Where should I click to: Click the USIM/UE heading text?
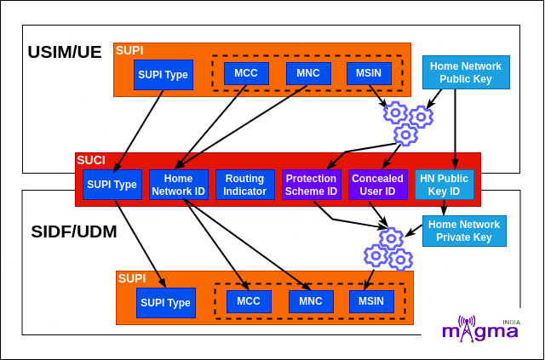[x=65, y=52]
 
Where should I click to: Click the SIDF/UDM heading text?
[x=74, y=231]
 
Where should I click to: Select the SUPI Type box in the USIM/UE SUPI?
[x=163, y=75]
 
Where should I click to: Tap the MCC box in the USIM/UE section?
[x=246, y=73]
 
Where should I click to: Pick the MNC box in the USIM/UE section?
[x=308, y=73]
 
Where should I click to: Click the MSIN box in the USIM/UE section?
[x=370, y=73]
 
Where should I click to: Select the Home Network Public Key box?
[x=466, y=72]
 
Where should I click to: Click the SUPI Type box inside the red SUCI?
[x=112, y=185]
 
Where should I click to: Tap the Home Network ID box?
[x=178, y=185]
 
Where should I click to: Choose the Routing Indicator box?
[x=244, y=185]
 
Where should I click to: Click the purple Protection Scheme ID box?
[x=311, y=185]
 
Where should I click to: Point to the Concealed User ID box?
[x=378, y=185]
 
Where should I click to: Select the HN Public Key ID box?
[x=445, y=185]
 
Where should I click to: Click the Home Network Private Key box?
[x=464, y=231]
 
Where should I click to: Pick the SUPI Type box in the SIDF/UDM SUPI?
[x=165, y=303]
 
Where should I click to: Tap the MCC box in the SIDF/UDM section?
[x=249, y=301]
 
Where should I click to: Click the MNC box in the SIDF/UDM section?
[x=311, y=301]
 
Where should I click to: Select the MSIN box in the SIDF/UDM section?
[x=371, y=301]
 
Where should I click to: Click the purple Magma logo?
[x=481, y=330]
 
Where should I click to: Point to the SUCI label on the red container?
[x=91, y=160]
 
